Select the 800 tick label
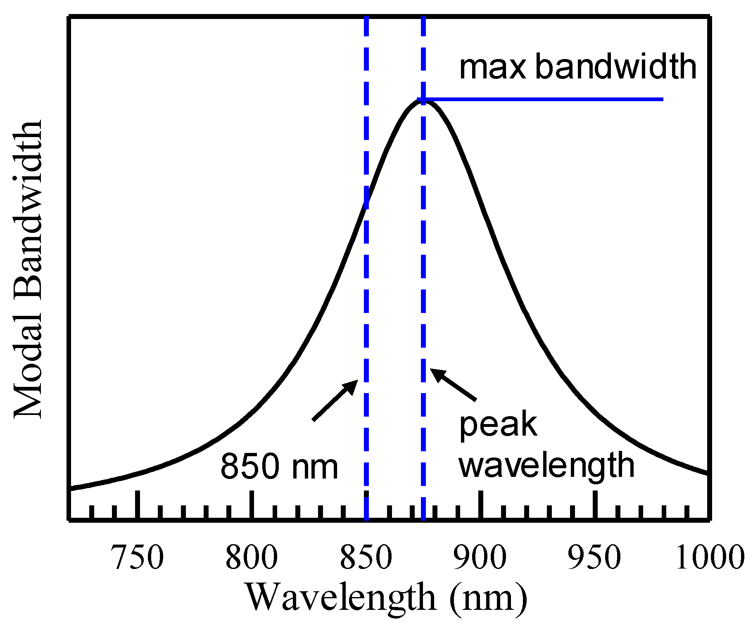click(252, 557)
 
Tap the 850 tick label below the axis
click(366, 557)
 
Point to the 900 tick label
click(480, 557)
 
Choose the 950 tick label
click(594, 557)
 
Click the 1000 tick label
click(710, 557)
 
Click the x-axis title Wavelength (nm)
click(387, 598)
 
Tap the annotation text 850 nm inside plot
click(279, 467)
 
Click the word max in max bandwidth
click(492, 67)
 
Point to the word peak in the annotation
click(498, 425)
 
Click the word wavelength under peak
click(546, 466)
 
